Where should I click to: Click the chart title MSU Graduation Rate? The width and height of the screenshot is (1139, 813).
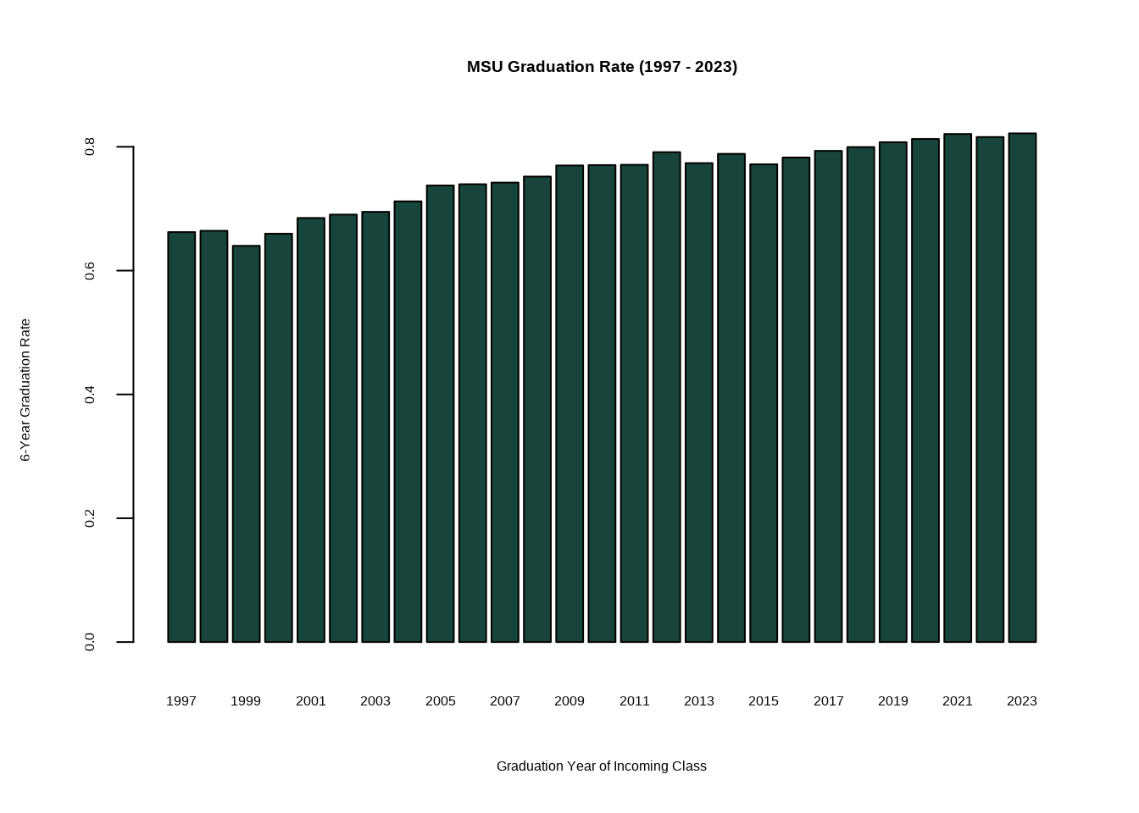tap(602, 67)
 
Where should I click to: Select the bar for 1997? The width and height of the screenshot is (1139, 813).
tap(181, 437)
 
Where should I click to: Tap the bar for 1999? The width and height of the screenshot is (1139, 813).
tap(246, 444)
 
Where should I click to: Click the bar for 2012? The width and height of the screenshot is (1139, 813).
tap(666, 397)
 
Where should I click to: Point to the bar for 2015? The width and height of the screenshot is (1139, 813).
tap(764, 403)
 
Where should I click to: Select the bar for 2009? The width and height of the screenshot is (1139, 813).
tap(569, 404)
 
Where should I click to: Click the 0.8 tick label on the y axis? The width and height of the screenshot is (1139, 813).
tap(90, 147)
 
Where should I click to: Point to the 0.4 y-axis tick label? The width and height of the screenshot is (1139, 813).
tap(90, 395)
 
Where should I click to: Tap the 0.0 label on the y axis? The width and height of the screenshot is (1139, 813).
tap(90, 642)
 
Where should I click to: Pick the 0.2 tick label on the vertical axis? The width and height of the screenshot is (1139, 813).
tap(90, 518)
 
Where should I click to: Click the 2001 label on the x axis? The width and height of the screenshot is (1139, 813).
tap(311, 701)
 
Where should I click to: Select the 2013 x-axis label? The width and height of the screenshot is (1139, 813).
tap(699, 701)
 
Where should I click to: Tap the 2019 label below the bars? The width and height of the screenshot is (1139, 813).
tap(893, 701)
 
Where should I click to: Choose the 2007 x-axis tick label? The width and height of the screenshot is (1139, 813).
tap(505, 701)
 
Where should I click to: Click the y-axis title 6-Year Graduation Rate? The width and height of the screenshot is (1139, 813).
tap(25, 390)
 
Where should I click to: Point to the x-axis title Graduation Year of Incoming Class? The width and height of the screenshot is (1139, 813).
tap(602, 766)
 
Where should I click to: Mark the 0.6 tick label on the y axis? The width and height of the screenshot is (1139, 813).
tap(90, 271)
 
